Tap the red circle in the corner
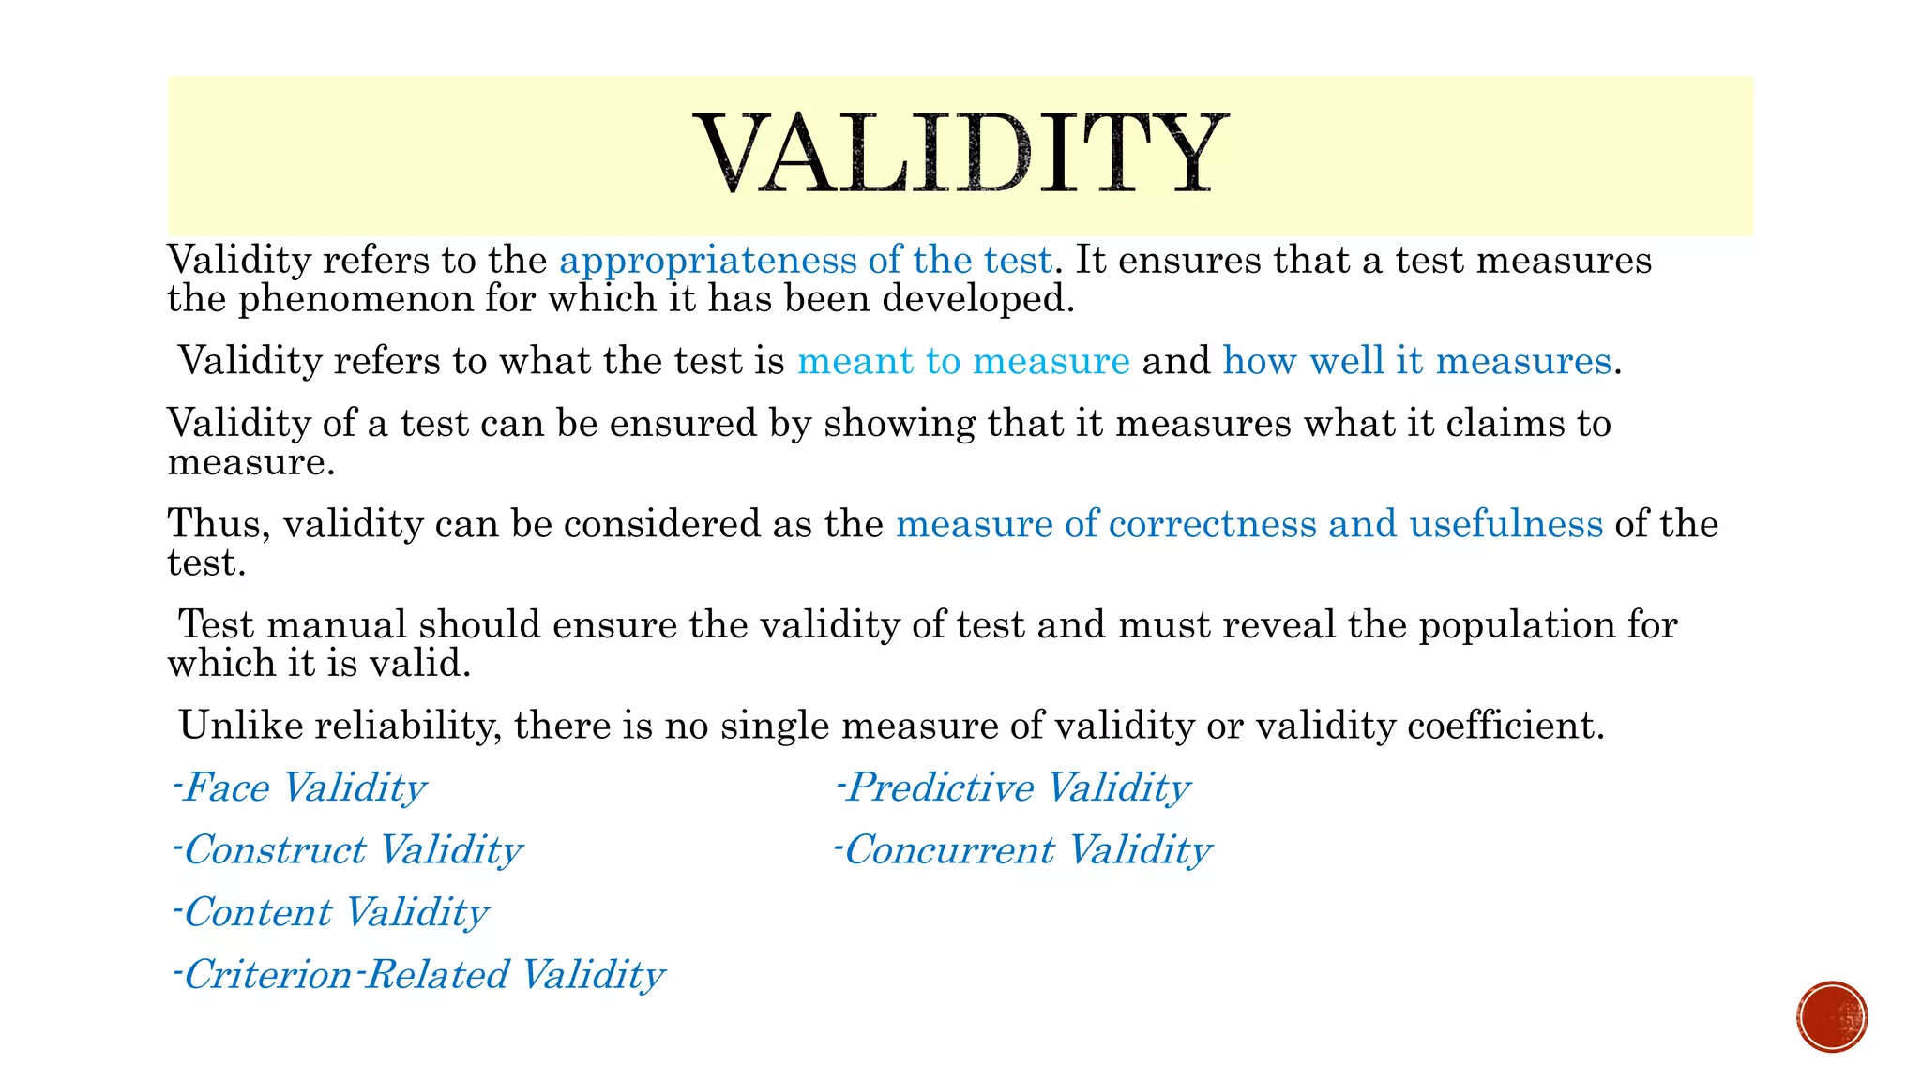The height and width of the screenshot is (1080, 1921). click(x=1832, y=1017)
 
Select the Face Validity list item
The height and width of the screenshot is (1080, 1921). click(x=300, y=787)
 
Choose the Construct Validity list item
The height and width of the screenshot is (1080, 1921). click(x=348, y=850)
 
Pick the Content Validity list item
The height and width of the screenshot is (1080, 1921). click(x=331, y=912)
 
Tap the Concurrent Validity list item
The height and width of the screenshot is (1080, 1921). click(x=1023, y=850)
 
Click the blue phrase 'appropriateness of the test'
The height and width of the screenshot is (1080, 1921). click(x=806, y=260)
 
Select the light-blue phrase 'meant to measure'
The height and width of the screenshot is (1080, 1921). click(x=963, y=361)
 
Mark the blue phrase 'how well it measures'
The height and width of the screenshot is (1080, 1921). click(x=1416, y=361)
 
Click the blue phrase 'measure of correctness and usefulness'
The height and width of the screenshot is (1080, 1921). click(x=1249, y=524)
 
